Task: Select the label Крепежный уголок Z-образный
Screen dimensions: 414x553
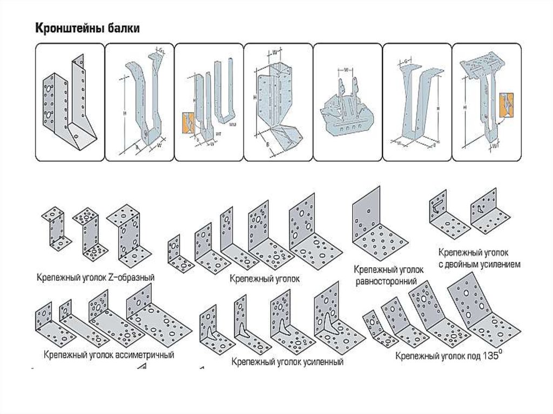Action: (96, 277)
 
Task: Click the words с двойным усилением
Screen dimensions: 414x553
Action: (479, 264)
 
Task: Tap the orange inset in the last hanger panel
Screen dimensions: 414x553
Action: (507, 104)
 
